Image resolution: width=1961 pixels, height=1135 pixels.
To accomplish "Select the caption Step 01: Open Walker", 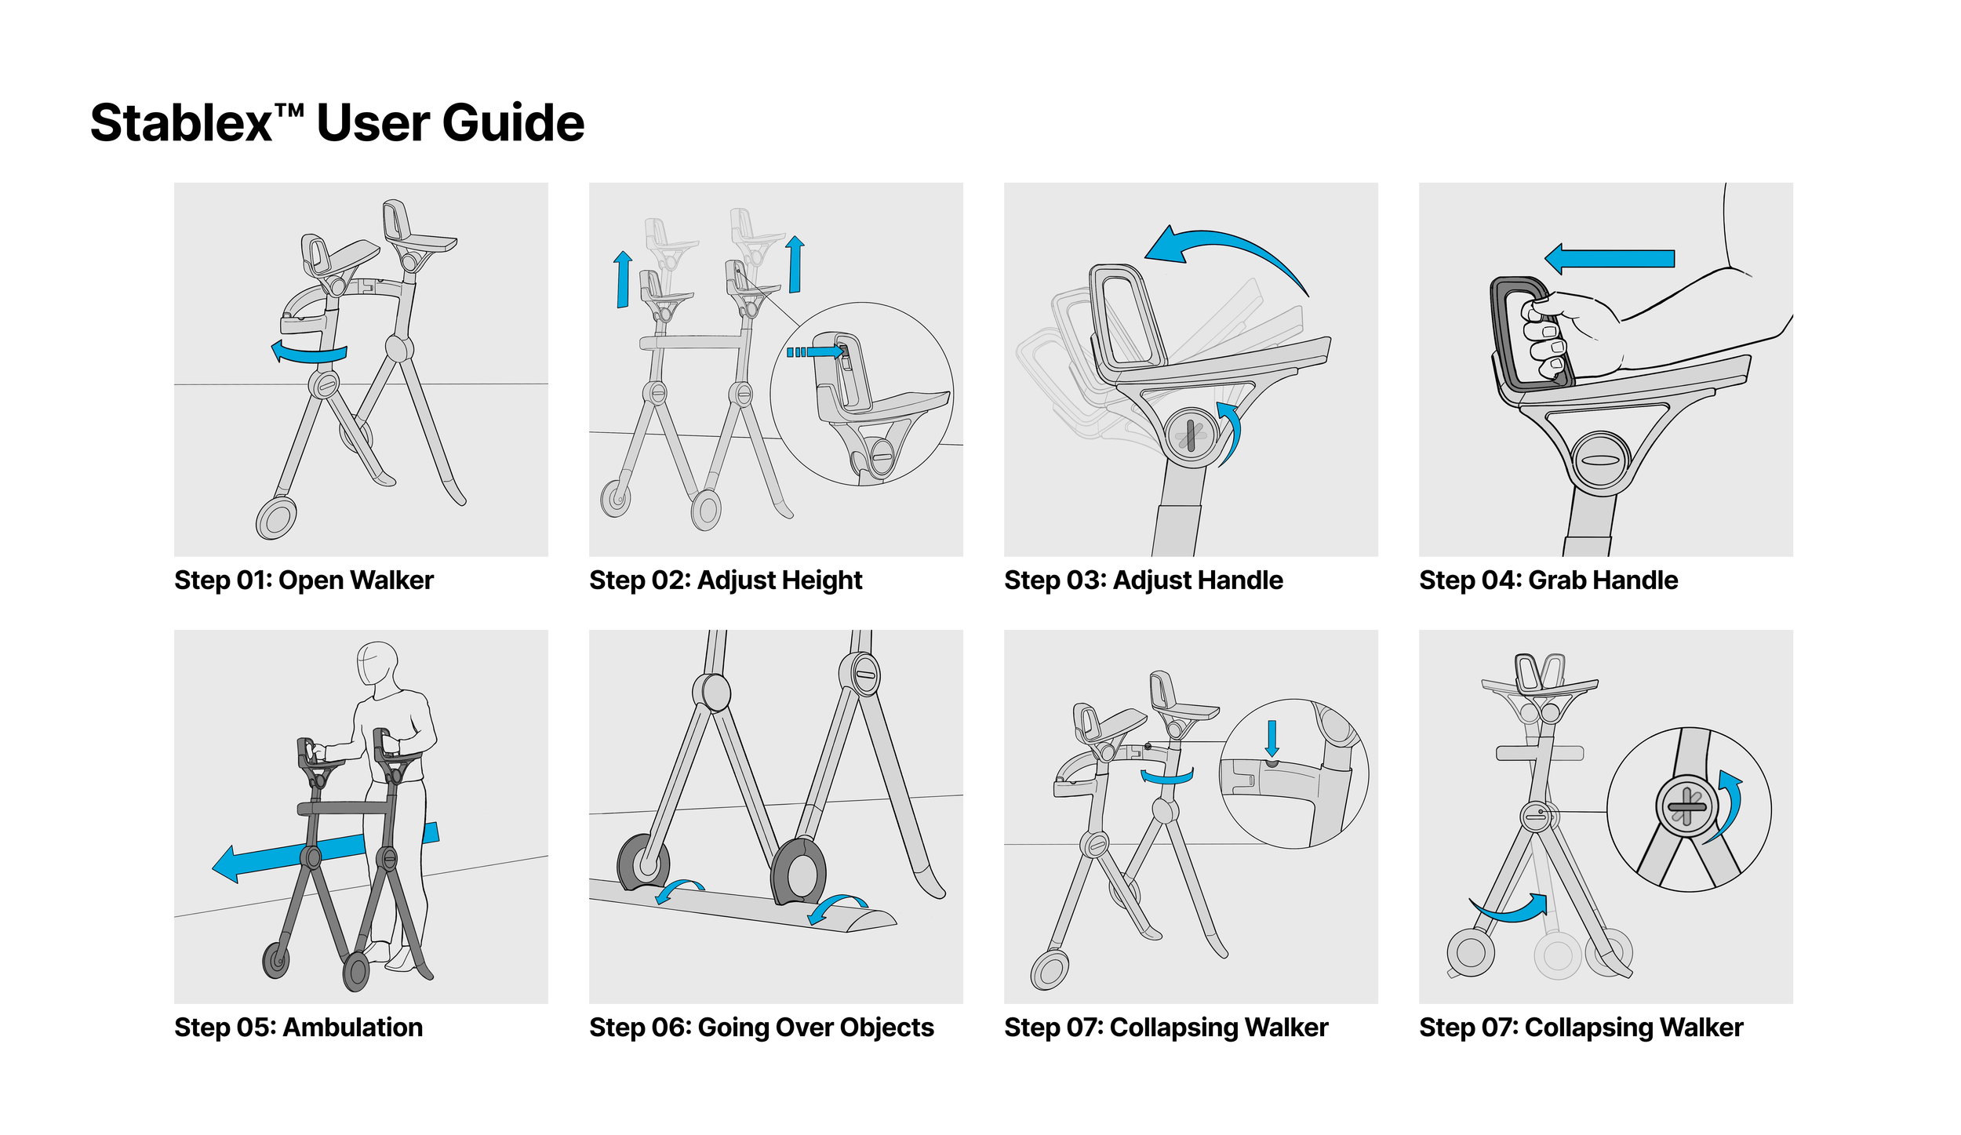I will (304, 580).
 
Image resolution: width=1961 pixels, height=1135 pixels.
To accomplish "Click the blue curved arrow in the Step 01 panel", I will (309, 354).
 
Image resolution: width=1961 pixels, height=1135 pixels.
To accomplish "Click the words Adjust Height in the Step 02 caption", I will (780, 580).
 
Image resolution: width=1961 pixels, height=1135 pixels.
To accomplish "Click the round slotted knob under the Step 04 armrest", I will (1601, 460).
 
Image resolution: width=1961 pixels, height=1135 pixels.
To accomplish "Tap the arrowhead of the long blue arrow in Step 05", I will (227, 864).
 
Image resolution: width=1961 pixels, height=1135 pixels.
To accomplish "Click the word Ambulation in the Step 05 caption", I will (353, 1028).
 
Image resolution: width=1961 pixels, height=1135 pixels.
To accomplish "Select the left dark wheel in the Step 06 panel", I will (644, 863).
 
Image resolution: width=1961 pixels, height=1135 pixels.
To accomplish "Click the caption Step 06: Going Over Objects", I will (762, 1028).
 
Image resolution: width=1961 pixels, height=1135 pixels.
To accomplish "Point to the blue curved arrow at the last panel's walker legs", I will (1510, 910).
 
